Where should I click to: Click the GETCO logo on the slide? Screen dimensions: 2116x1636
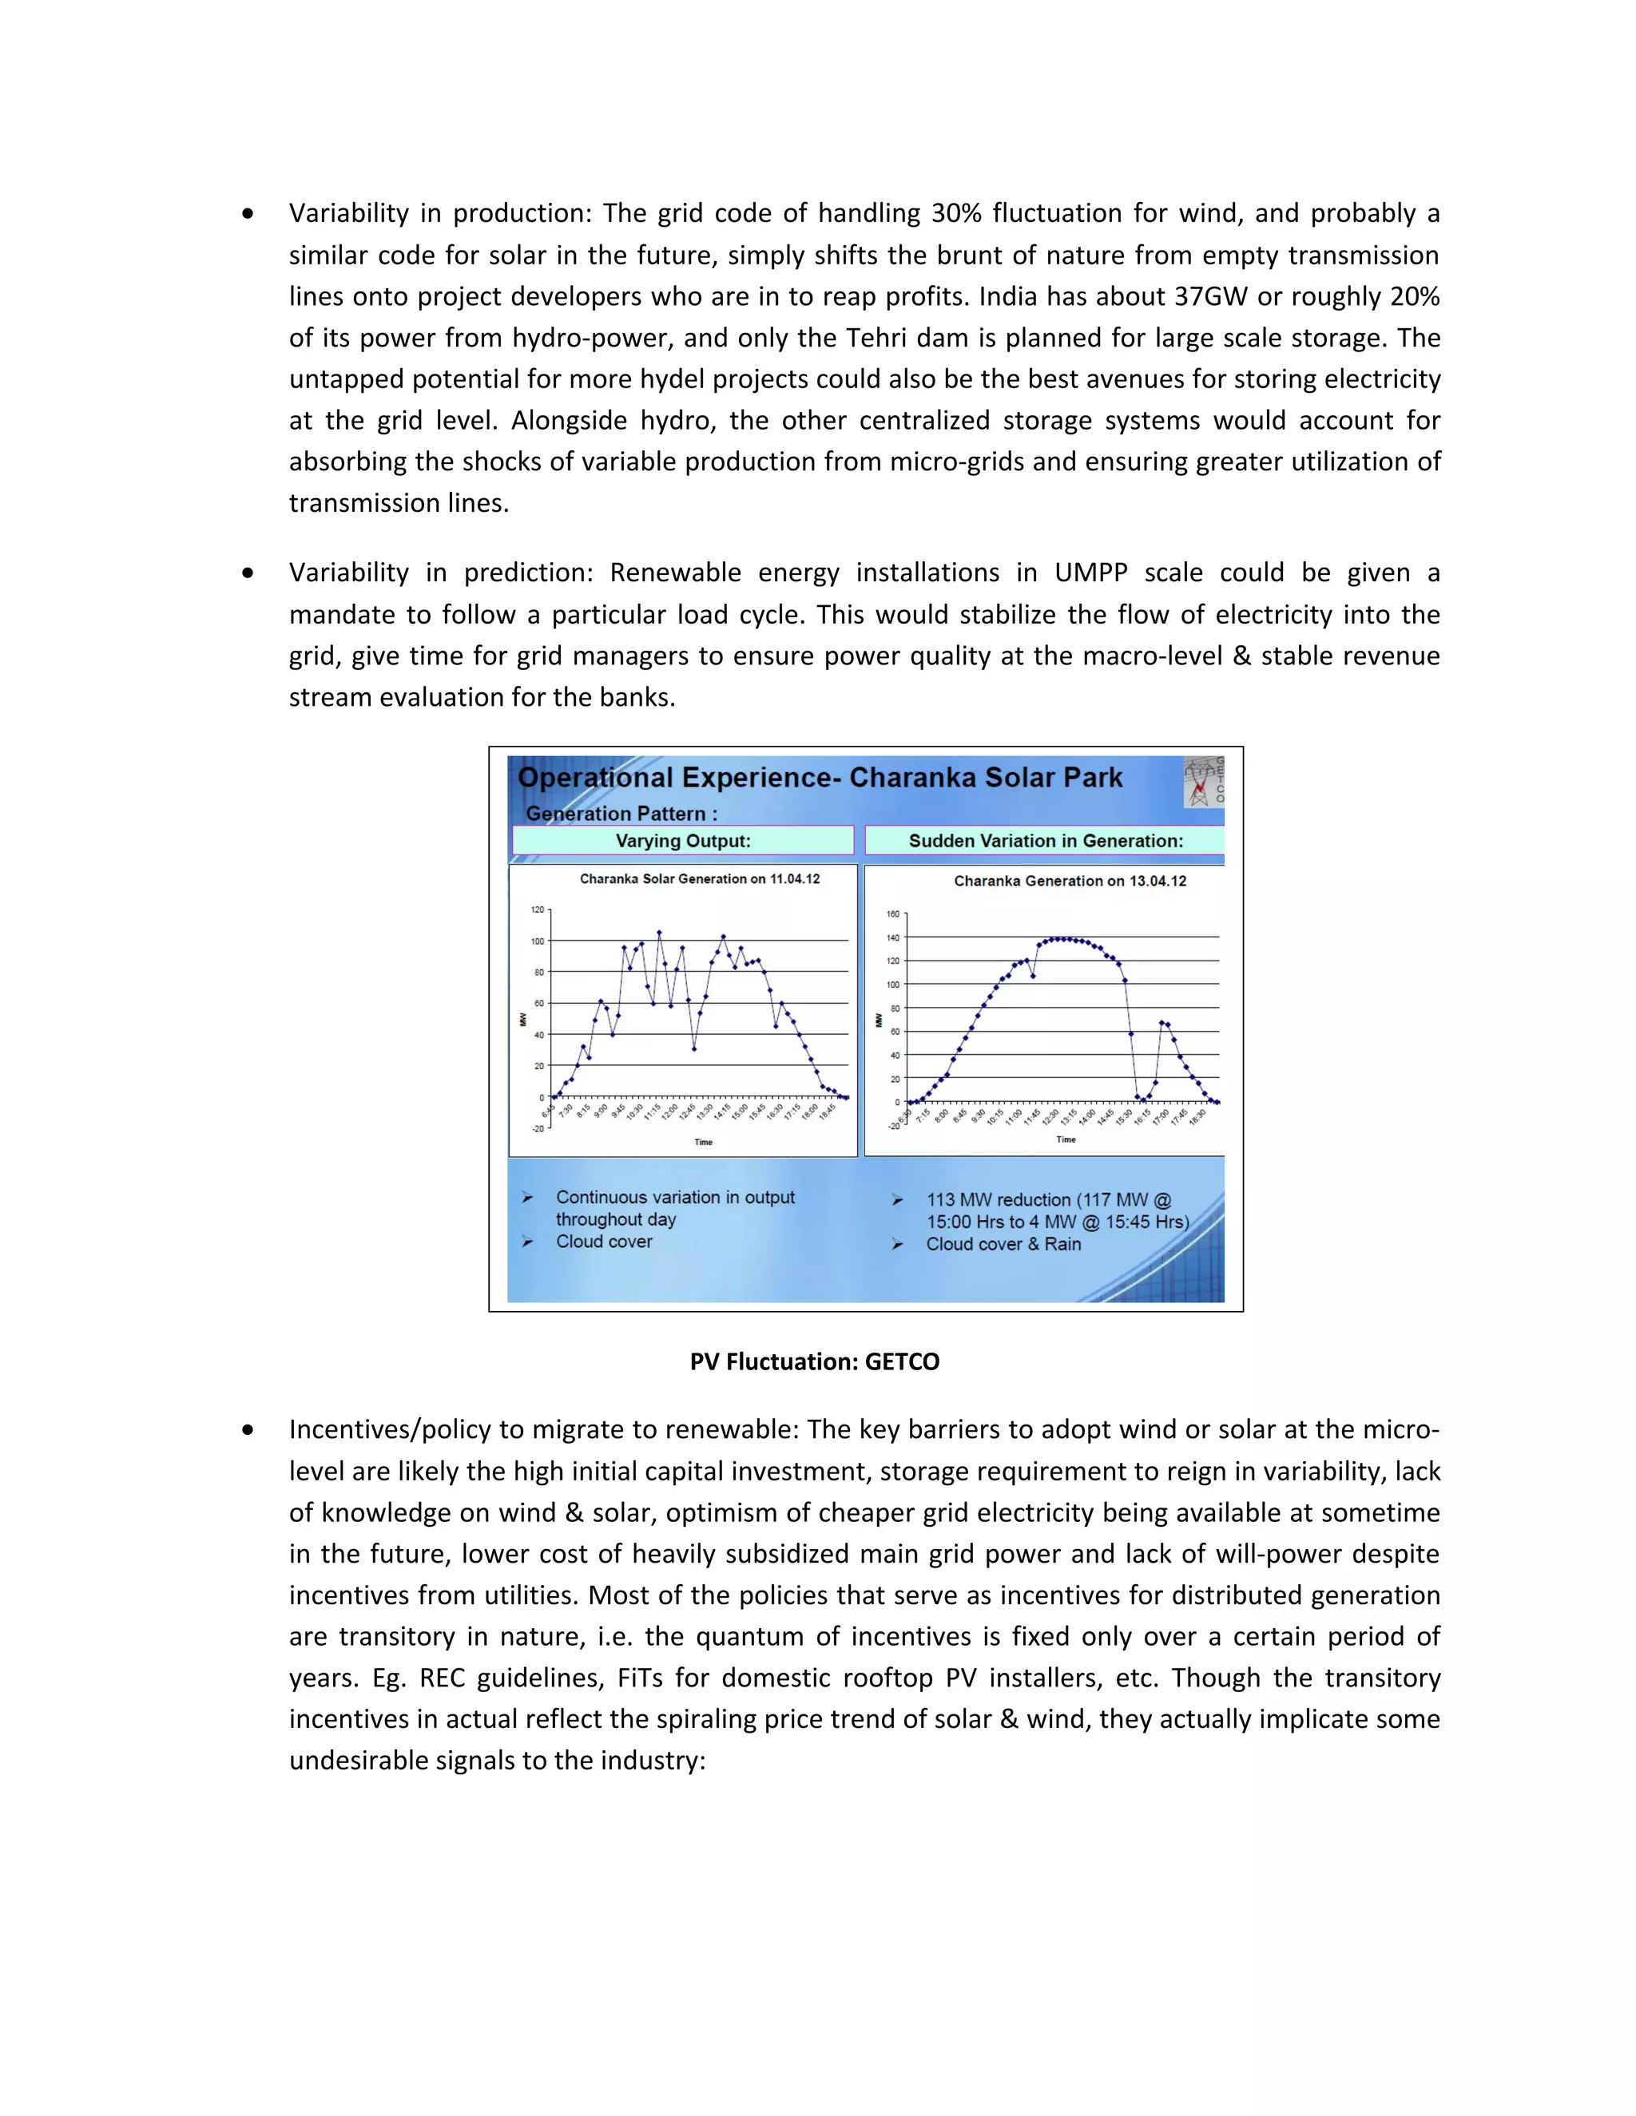click(1204, 782)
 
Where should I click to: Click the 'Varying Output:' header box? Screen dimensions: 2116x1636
click(683, 841)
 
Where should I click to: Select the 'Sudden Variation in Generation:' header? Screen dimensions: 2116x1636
click(1045, 841)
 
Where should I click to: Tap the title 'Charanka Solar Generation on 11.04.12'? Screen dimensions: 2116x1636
click(700, 879)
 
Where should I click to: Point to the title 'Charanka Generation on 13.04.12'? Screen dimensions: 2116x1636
click(1070, 881)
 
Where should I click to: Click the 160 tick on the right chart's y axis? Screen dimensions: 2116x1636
click(892, 913)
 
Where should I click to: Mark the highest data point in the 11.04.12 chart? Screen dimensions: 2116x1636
click(659, 933)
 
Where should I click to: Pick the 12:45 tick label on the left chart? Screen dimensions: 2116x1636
click(686, 1112)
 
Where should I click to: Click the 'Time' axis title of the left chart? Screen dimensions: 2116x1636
click(704, 1143)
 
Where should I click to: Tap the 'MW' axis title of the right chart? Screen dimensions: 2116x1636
click(879, 1020)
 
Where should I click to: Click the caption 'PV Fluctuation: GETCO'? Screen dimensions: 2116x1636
click(814, 1361)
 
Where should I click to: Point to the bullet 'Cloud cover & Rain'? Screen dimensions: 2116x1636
click(1003, 1244)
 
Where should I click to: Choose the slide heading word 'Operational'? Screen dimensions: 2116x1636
click(595, 778)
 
